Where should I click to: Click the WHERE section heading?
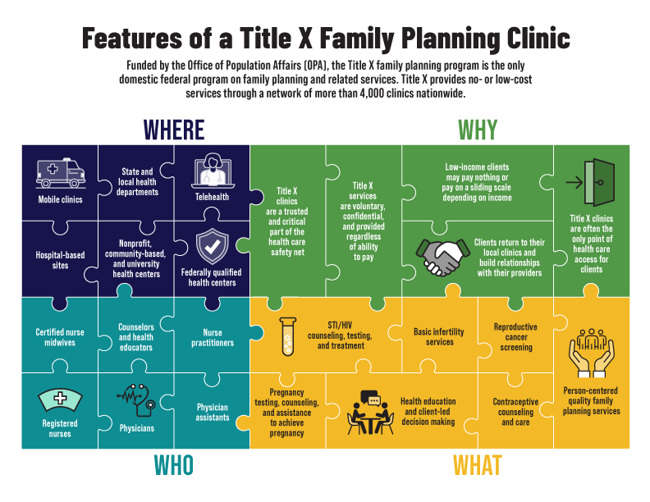pos(174,130)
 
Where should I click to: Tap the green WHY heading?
pos(477,130)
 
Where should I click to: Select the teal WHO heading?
pos(174,465)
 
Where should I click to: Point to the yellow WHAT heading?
pos(477,465)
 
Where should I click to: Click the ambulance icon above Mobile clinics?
pos(60,174)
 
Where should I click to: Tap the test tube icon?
pos(287,335)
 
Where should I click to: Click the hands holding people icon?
pos(591,354)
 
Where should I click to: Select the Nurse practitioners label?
pos(212,337)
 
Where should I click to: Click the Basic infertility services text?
pos(439,336)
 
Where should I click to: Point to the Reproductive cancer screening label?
pos(515,336)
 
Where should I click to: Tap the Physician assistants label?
pos(212,412)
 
